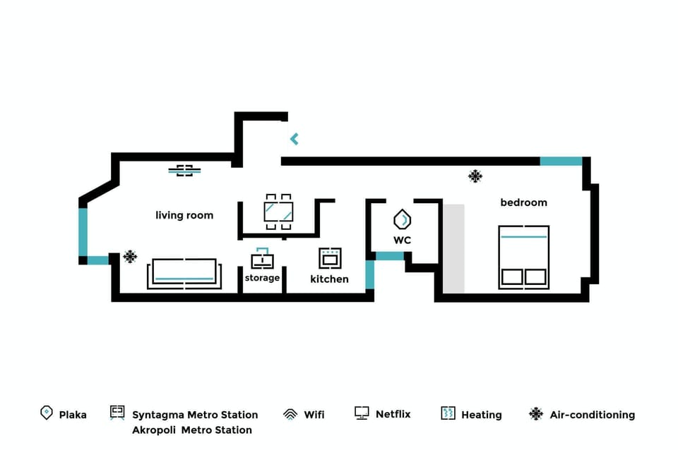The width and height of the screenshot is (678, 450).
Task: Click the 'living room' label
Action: [x=184, y=215]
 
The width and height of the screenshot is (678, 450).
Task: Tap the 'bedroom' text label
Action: [x=523, y=202]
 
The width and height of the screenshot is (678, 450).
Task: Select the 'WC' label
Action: [x=403, y=240]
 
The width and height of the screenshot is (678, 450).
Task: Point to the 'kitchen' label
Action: [x=329, y=279]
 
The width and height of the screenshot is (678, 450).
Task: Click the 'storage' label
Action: [x=262, y=278]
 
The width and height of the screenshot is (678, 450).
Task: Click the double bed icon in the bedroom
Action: [x=523, y=257]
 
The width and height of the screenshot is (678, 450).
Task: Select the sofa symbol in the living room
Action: [x=184, y=273]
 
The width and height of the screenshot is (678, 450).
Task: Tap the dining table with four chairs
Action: [x=278, y=212]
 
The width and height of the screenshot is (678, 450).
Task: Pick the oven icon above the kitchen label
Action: [x=330, y=258]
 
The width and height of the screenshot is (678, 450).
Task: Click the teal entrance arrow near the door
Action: [x=294, y=139]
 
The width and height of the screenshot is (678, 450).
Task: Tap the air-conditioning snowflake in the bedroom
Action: [x=475, y=176]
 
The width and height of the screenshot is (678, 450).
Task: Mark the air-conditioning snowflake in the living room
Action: [x=130, y=257]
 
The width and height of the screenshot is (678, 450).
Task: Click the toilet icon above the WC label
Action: [x=403, y=220]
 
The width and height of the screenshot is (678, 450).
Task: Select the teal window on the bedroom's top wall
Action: [x=561, y=162]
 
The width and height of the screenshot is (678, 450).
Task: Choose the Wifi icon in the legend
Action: [x=290, y=414]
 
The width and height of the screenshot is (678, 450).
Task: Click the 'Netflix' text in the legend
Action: [x=393, y=414]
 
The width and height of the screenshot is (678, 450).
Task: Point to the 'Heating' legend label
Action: [x=481, y=415]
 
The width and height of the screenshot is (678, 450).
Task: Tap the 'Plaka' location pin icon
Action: [x=47, y=413]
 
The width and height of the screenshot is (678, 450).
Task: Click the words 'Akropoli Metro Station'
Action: [x=191, y=430]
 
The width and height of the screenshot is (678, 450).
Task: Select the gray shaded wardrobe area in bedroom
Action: [x=453, y=248]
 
